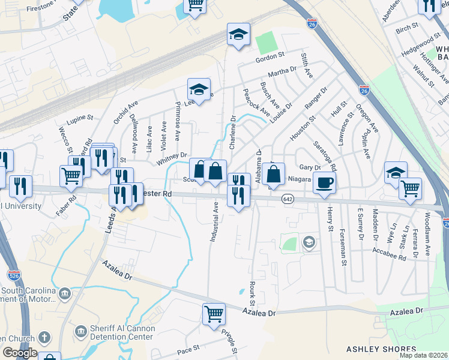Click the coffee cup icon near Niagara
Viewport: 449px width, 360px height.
pos(324,183)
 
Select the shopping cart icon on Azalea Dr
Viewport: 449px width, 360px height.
pos(214,314)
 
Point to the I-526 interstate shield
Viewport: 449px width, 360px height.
pos(14,275)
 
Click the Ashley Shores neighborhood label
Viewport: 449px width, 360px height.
pos(372,349)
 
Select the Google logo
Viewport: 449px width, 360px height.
pos(20,352)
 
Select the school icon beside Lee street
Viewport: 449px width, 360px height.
pos(199,90)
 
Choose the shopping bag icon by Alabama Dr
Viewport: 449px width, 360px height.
pos(273,175)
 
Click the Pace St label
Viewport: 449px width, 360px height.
pos(188,348)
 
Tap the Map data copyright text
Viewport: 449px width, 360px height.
pos(424,355)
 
